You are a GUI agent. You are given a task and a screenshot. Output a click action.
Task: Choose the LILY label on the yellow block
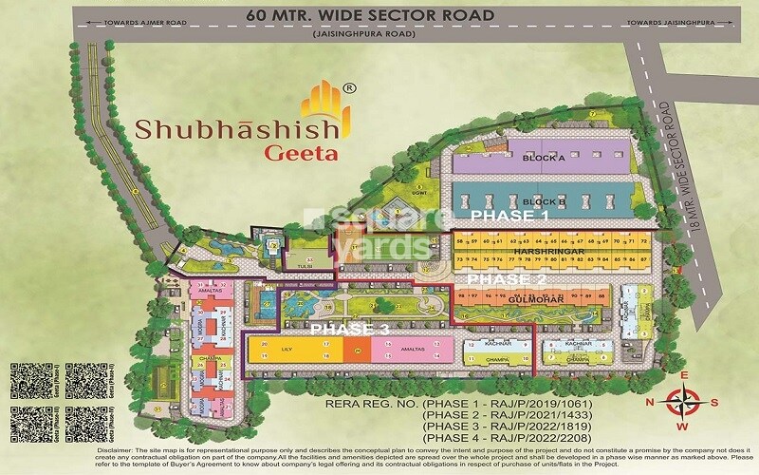coord(286,351)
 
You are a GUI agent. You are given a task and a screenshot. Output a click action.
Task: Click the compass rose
coord(692,402)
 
